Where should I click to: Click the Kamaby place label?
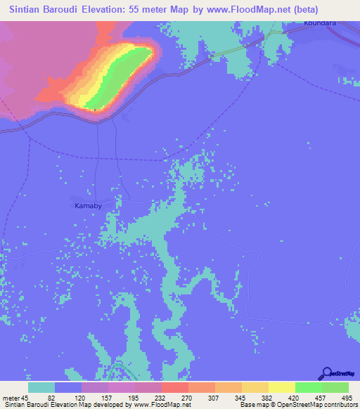click(x=89, y=206)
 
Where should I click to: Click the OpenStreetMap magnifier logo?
click(x=326, y=375)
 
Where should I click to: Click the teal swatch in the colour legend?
click(x=41, y=387)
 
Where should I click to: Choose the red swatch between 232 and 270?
click(x=174, y=387)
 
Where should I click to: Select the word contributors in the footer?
click(x=342, y=405)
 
